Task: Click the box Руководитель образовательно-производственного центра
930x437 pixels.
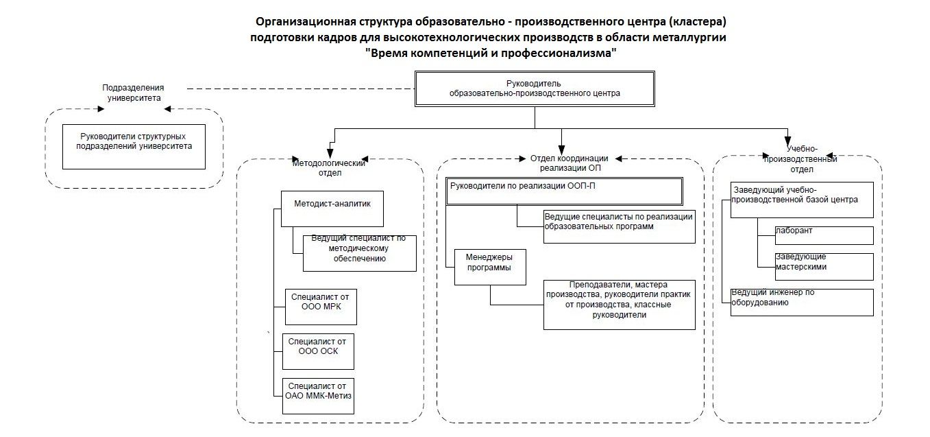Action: tap(535, 88)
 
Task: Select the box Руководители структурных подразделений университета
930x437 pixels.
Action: tap(134, 147)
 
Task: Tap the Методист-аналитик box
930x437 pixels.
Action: tap(332, 209)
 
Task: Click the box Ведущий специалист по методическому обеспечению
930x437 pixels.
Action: tap(360, 253)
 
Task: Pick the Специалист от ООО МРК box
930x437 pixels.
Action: tap(321, 307)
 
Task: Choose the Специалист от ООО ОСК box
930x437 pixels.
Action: tap(318, 351)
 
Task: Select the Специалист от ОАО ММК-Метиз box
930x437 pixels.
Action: tap(318, 396)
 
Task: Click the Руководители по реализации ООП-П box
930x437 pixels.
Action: tap(564, 191)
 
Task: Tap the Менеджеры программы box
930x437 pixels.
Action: tap(490, 267)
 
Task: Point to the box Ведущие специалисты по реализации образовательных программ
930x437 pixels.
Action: tap(620, 226)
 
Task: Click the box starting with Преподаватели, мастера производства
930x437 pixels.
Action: tap(620, 305)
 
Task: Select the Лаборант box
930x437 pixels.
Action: tap(824, 235)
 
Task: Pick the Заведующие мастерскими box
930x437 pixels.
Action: tap(824, 267)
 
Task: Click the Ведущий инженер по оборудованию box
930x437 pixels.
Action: tap(802, 303)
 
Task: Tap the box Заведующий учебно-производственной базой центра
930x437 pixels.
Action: tap(802, 200)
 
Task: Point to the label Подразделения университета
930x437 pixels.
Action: tap(133, 93)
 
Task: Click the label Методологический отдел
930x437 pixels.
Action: tap(329, 167)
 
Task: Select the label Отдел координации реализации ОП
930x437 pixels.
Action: tap(570, 163)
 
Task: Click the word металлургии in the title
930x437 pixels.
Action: tap(689, 37)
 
